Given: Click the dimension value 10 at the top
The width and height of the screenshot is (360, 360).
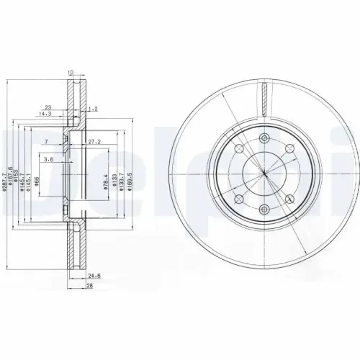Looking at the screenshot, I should [x=71, y=72].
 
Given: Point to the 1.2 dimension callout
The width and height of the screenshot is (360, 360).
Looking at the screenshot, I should [x=92, y=109].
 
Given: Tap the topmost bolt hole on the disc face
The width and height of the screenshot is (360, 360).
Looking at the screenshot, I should [x=264, y=138].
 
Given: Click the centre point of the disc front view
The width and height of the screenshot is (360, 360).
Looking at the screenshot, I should [x=264, y=175].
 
